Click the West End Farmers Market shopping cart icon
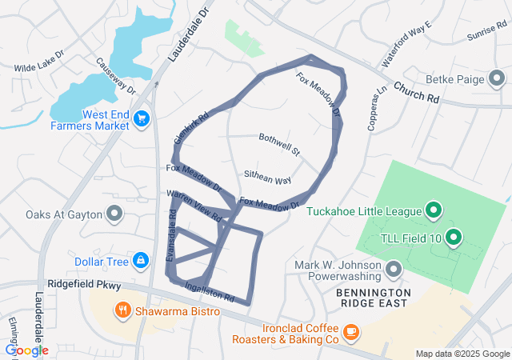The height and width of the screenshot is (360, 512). (142, 119)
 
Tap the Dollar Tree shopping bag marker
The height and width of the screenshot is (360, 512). (140, 260)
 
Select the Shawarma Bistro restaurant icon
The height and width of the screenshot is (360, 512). (122, 310)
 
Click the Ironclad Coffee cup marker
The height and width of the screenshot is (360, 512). (350, 331)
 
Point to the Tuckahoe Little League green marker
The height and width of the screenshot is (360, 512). (434, 211)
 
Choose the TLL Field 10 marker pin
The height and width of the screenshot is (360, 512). (454, 237)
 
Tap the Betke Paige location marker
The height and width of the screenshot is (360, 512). (497, 79)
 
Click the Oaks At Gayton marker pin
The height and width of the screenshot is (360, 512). (114, 214)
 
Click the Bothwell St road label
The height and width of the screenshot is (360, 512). (278, 144)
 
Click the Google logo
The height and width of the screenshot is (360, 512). (26, 350)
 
